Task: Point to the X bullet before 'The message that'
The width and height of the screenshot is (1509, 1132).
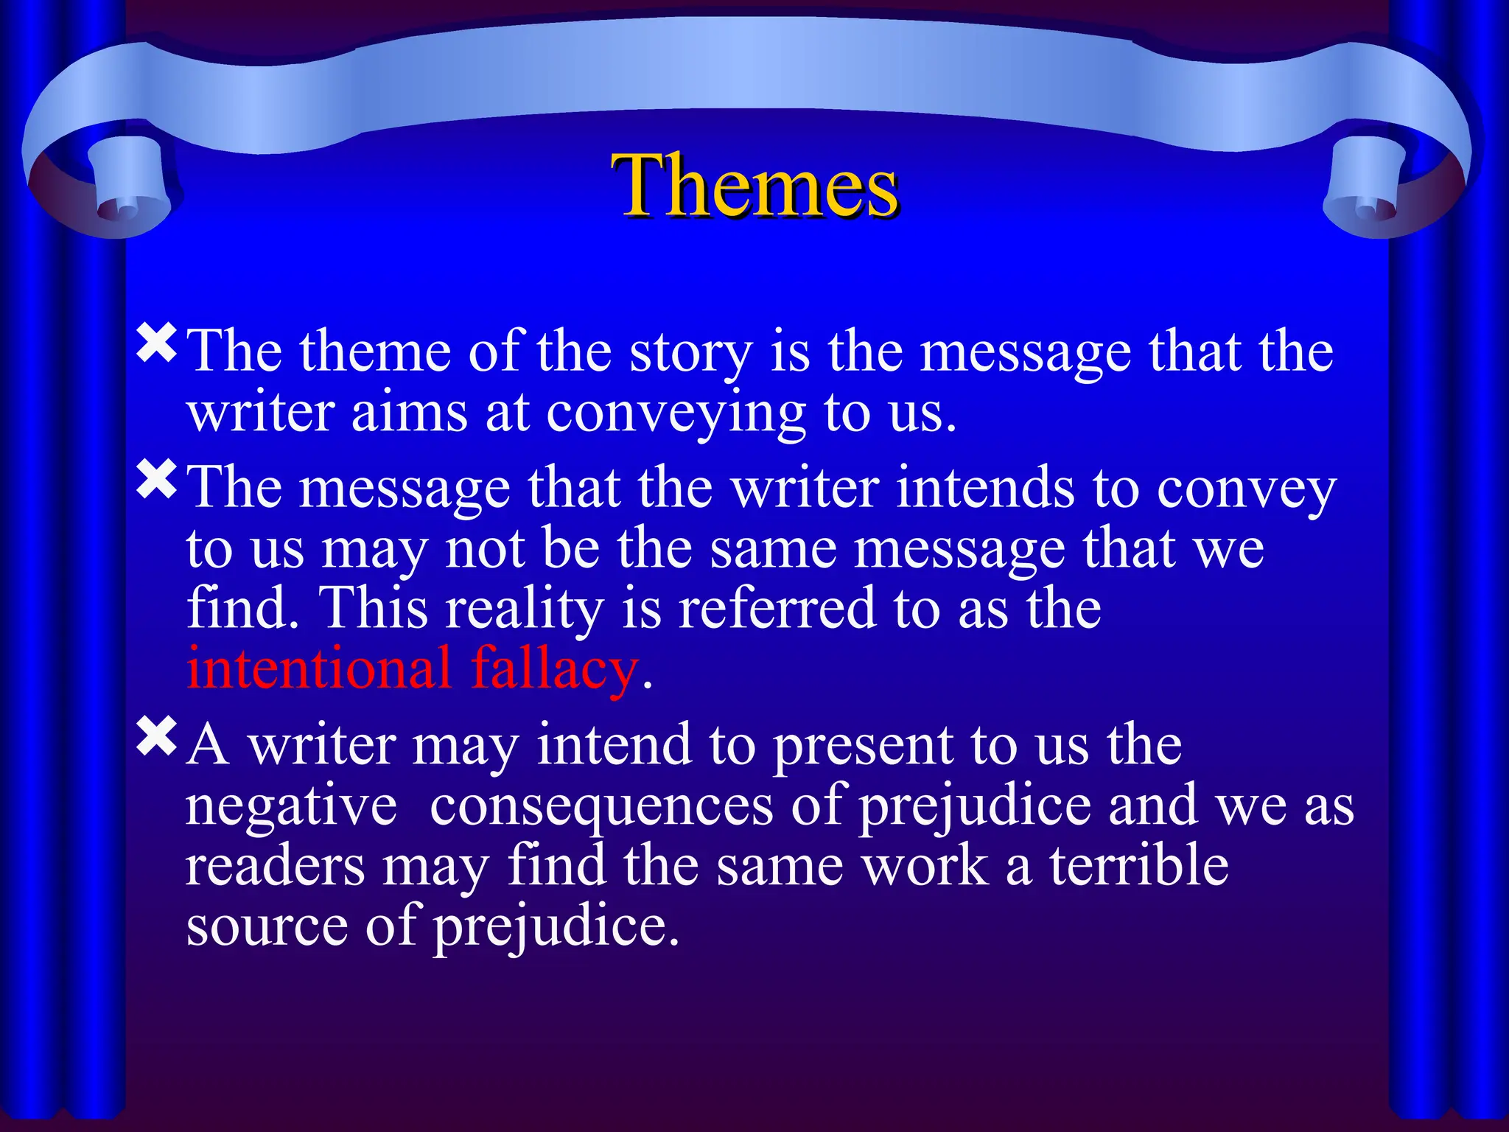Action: pos(157,479)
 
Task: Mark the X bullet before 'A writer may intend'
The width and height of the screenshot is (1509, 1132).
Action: pos(157,736)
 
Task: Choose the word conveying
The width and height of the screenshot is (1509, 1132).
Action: pos(676,414)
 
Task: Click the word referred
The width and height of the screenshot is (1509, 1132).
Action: pos(777,609)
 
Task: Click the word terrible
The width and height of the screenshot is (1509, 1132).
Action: pos(1139,865)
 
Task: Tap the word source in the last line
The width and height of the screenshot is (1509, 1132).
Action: pos(267,927)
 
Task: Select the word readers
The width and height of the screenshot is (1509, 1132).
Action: pos(275,867)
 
